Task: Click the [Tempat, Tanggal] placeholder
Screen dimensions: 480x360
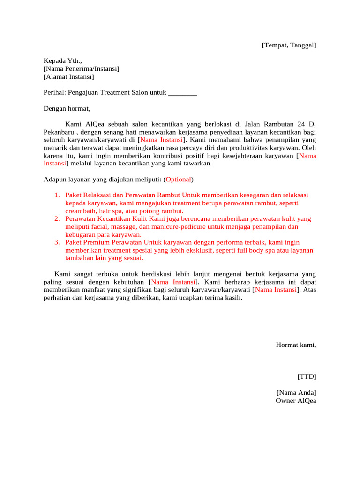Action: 289,45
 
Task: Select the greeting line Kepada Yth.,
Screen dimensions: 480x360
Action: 63,61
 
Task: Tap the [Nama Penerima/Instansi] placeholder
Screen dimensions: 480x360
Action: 81,69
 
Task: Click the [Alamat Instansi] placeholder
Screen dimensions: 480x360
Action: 68,77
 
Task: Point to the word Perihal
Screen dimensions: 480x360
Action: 54,92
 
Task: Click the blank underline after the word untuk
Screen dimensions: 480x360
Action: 182,92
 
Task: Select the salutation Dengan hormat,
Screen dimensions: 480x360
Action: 67,108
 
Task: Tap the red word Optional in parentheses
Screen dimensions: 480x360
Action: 178,180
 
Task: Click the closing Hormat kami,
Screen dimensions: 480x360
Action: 296,345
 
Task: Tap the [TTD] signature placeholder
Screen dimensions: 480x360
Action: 307,376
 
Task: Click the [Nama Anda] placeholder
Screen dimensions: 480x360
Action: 296,392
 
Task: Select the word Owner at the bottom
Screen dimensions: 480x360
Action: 285,400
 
